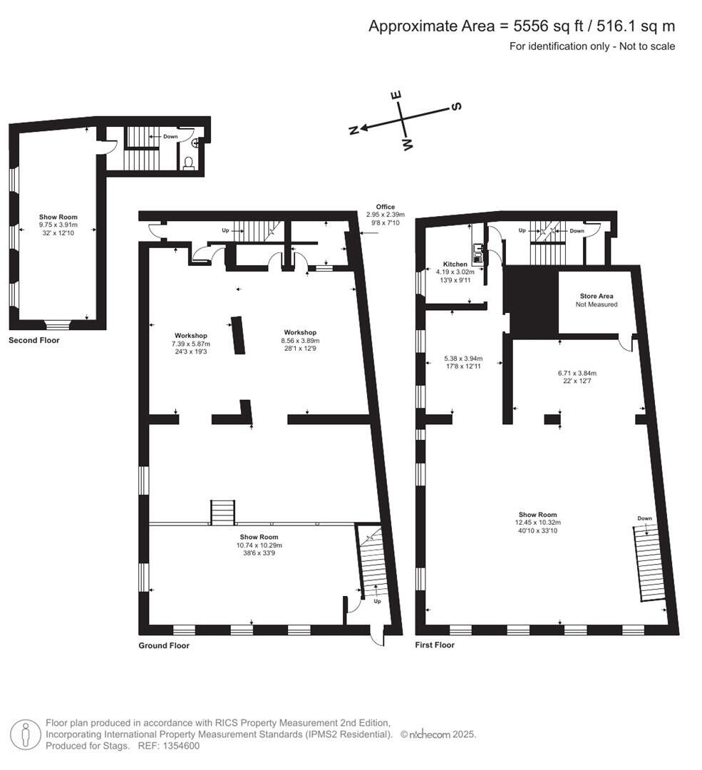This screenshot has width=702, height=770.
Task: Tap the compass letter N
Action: tap(353, 130)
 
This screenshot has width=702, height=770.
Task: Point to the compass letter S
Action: tap(457, 106)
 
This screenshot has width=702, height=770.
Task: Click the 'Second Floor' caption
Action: tap(34, 341)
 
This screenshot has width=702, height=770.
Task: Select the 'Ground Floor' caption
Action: tap(164, 645)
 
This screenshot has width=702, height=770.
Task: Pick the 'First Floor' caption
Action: tap(435, 645)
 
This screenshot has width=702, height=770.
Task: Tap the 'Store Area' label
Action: tap(597, 296)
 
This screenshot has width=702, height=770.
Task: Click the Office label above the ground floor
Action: tap(386, 207)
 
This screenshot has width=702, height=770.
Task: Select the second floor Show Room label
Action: tap(58, 217)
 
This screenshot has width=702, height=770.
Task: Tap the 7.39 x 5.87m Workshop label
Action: tap(190, 335)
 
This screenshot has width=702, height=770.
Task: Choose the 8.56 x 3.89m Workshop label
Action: tap(300, 332)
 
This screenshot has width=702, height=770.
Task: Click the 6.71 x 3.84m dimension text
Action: tap(577, 373)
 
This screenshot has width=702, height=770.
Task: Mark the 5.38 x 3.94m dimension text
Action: tap(463, 359)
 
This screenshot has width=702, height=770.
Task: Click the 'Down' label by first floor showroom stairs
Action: tap(644, 518)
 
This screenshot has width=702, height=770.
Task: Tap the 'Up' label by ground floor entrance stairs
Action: tap(377, 601)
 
